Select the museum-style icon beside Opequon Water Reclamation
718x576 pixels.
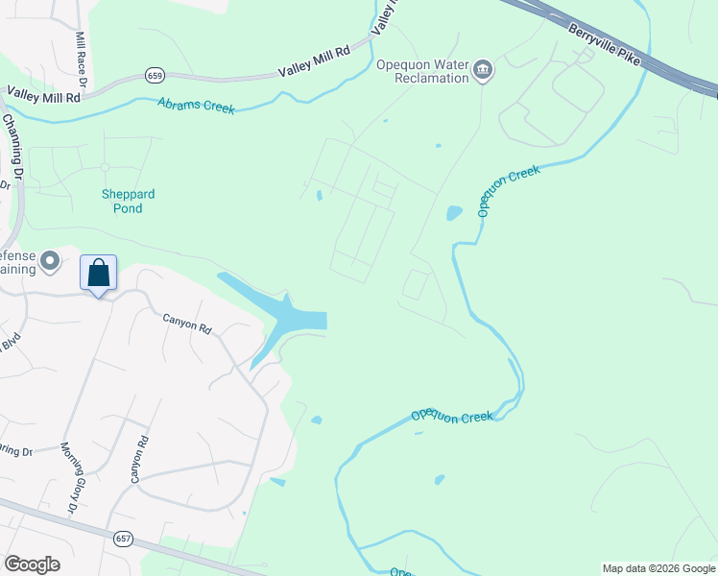point(482,70)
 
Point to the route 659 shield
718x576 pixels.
point(155,74)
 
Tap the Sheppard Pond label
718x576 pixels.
point(128,201)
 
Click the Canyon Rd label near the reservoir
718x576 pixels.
point(186,325)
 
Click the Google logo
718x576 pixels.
point(32,564)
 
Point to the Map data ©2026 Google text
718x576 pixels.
point(658,568)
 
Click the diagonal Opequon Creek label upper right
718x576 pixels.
point(509,190)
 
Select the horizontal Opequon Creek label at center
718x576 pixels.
point(451,416)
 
